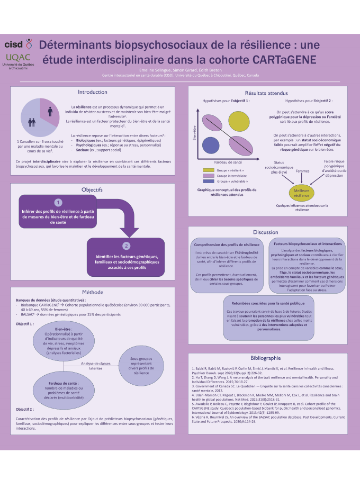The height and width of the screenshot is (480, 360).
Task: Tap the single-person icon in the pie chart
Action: click(x=50, y=111)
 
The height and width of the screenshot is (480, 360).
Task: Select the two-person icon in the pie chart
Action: click(x=32, y=122)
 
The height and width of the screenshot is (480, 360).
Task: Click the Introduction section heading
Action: click(x=93, y=92)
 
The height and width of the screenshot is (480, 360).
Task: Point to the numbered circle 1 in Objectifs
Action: click(x=58, y=203)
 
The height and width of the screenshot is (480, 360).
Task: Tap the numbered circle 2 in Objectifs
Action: click(x=126, y=246)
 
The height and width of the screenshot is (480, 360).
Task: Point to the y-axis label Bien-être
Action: click(x=195, y=132)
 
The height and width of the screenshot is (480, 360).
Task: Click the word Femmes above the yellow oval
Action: click(x=302, y=171)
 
